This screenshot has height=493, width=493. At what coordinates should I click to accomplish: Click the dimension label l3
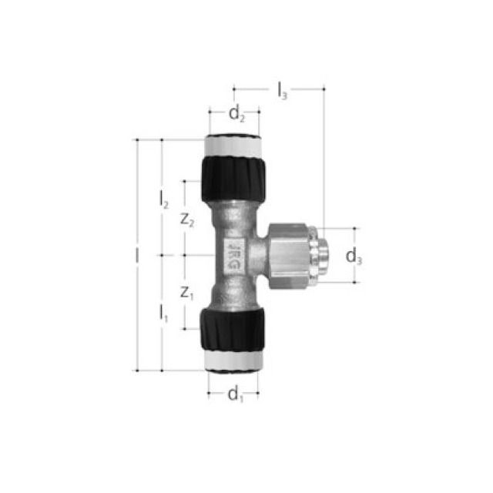coord(282,90)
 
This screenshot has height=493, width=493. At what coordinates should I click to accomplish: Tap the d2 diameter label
coord(236,116)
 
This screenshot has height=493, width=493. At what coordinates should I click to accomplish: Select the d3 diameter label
coord(354,257)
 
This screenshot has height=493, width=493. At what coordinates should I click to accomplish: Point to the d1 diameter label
coord(235,396)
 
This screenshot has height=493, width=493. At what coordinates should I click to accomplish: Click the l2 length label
coord(164,199)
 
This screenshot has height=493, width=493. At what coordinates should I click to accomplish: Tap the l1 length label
coord(164,312)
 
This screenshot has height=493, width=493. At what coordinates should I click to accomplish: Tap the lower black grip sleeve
coord(233,330)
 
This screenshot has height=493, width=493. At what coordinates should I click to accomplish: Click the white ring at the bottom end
coord(233,363)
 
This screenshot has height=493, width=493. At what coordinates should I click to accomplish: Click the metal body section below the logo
coord(233,291)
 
